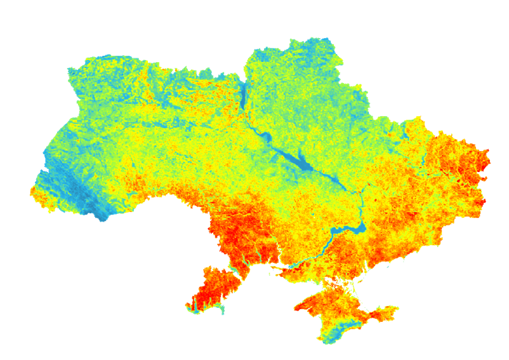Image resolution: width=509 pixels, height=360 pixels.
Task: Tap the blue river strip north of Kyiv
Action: [242, 95]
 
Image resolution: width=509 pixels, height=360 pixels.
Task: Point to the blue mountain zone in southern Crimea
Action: [336, 330]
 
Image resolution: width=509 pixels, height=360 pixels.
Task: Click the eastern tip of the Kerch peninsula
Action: [398, 309]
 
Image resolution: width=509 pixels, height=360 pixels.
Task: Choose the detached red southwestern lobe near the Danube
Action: [209, 289]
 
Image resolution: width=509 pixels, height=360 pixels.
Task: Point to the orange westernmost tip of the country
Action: [32, 191]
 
